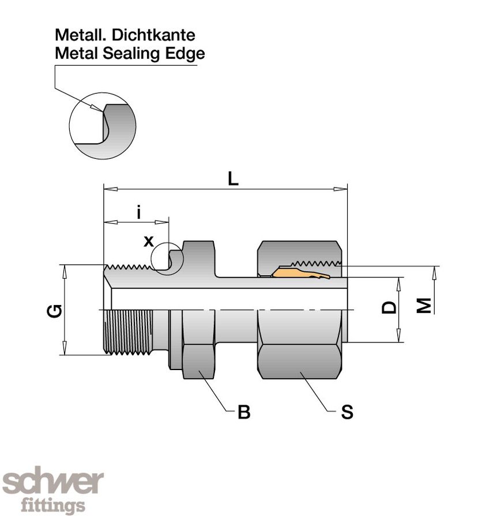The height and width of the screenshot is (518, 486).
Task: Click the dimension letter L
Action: (232, 178)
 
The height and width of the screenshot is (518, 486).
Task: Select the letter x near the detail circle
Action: (149, 241)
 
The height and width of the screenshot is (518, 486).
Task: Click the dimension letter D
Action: (390, 307)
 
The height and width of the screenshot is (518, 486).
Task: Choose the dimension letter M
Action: (424, 306)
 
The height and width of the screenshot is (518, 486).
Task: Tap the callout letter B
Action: (244, 412)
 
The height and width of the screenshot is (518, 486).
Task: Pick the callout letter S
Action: (346, 412)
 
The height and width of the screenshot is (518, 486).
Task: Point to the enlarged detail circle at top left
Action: (103, 124)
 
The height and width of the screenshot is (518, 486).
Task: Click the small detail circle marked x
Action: (167, 257)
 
